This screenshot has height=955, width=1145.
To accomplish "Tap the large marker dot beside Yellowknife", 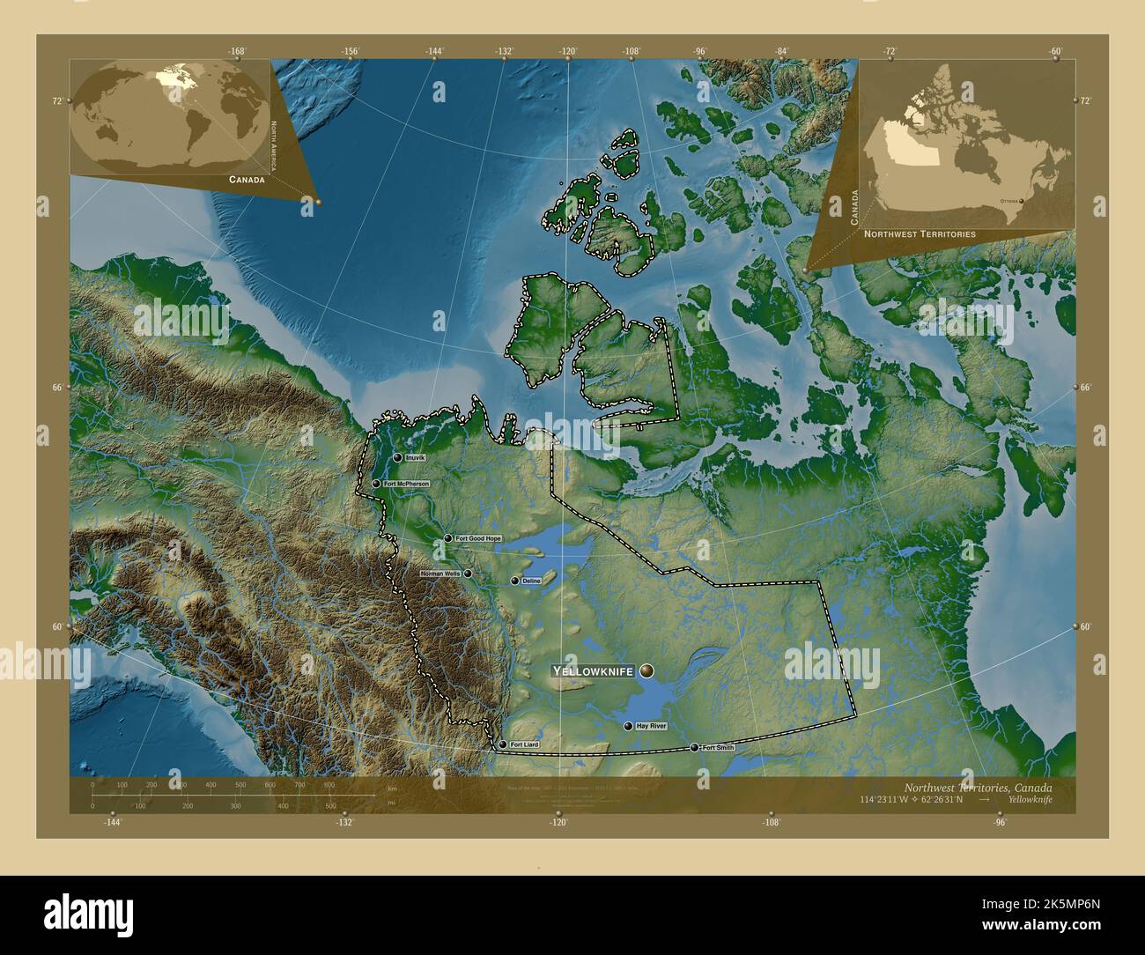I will tap(647, 671).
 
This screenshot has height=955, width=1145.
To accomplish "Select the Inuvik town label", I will tap(415, 458).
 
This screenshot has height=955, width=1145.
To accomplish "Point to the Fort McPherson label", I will tap(406, 484).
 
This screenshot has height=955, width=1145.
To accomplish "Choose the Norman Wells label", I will tap(440, 574).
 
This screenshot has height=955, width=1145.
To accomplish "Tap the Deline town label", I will tap(531, 581).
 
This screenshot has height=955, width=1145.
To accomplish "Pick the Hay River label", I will tap(651, 727).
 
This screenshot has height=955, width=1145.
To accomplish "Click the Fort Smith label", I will tap(718, 748).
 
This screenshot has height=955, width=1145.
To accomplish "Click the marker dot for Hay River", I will tap(628, 727).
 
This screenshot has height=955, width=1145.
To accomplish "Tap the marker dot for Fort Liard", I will tap(503, 744).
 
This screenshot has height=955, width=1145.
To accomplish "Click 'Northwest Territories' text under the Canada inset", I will tap(920, 234).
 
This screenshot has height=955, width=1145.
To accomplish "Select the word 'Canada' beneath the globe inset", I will tap(247, 179).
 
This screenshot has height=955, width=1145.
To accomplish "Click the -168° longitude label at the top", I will tap(236, 51).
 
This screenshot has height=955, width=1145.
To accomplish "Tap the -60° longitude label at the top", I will tap(1056, 51).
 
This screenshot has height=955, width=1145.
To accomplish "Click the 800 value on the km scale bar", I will tap(329, 784).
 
